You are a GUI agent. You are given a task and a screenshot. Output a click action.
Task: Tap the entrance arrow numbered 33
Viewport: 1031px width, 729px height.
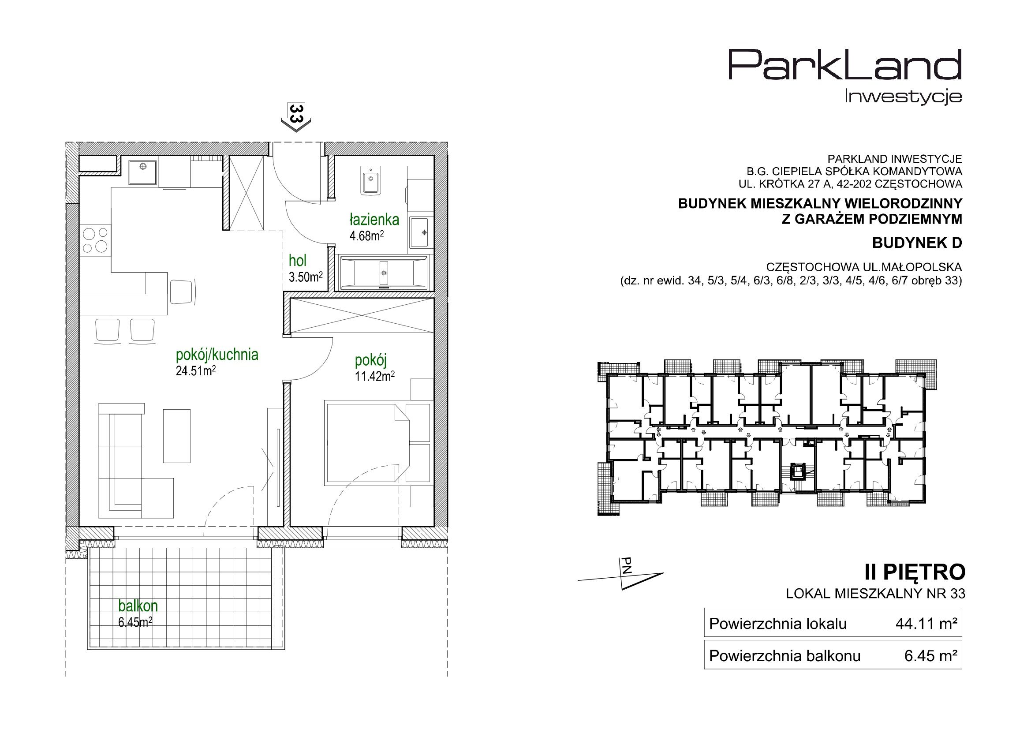coord(295,118)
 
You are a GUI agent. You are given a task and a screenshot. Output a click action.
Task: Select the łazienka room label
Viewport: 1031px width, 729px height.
coord(374,220)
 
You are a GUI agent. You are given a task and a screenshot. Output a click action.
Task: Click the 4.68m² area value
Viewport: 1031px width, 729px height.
coord(367,236)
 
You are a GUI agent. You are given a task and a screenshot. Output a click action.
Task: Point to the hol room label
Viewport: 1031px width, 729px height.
coord(298,261)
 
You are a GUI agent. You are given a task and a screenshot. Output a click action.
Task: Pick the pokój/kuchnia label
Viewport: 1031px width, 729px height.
coord(217,355)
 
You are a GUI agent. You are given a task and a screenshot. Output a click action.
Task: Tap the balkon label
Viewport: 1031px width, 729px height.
coord(138,606)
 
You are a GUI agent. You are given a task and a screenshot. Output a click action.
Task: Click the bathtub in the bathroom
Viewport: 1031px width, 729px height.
coord(385,272)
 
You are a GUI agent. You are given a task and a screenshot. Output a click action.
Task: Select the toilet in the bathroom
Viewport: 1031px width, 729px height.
coord(371,181)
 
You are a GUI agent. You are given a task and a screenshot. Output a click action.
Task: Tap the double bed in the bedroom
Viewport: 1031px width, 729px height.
coord(366,443)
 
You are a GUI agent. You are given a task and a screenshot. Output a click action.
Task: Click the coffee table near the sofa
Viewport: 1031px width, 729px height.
coord(176,436)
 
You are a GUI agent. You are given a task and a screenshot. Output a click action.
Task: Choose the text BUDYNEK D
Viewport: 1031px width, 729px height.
coord(917,243)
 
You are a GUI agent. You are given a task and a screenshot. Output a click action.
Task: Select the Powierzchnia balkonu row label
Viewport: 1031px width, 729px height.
coord(784,656)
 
